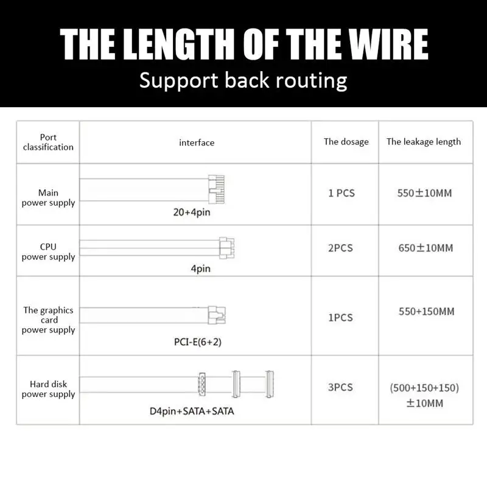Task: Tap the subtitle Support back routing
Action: pos(243,80)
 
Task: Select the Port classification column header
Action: pos(48,142)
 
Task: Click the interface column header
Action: pos(197,142)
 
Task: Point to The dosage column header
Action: pos(346,142)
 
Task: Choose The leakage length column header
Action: pos(424,142)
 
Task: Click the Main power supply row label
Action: pos(48,198)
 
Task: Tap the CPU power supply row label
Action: pos(48,252)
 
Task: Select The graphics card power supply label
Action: pos(48,320)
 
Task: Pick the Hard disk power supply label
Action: pos(48,389)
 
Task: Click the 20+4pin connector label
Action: pos(192,213)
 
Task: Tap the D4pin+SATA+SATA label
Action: pos(192,411)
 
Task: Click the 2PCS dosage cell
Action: pos(340,248)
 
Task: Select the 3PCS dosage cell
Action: pos(340,387)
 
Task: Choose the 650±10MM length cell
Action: pos(426,248)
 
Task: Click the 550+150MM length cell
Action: pos(426,312)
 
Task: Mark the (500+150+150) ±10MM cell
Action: pos(424,395)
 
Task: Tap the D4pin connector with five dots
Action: pos(201,385)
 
